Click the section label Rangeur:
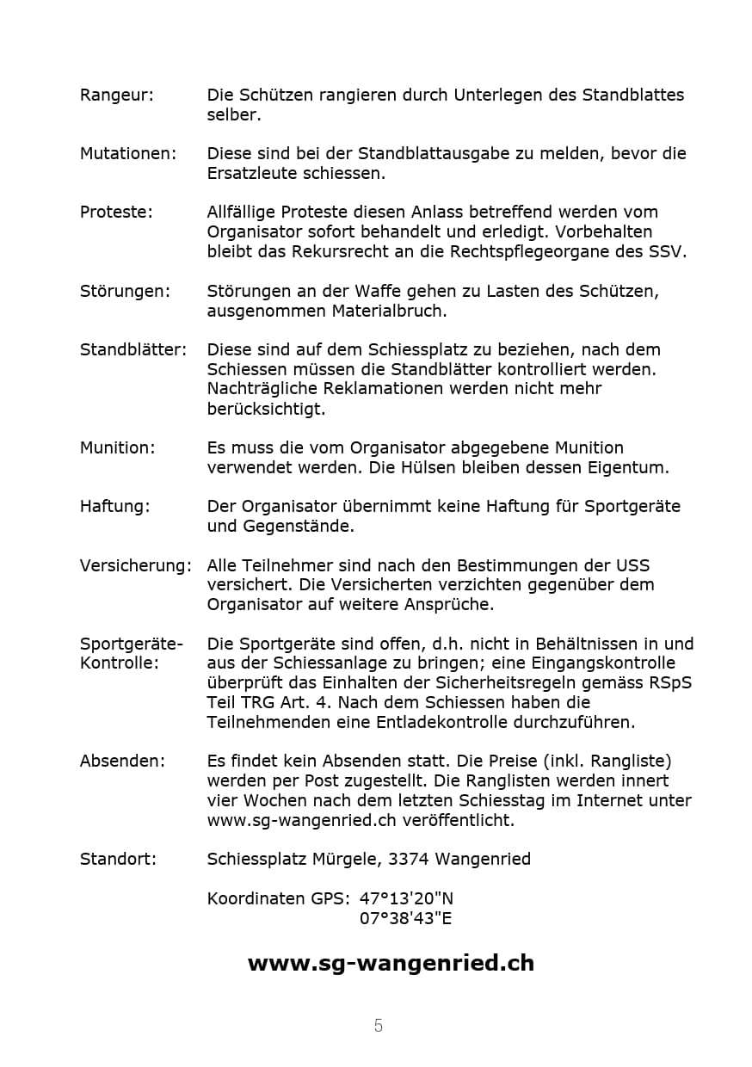tap(116, 95)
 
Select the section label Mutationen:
tap(127, 153)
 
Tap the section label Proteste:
tap(116, 212)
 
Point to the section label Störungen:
tap(125, 291)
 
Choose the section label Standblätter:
tap(133, 349)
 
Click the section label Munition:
tap(117, 447)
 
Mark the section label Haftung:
tap(114, 506)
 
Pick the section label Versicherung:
tap(136, 565)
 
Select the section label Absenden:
tap(122, 761)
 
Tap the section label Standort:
tap(118, 859)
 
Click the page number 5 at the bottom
tap(379, 1026)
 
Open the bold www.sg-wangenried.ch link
tap(391, 963)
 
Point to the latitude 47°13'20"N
tap(406, 898)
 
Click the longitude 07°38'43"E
tap(405, 918)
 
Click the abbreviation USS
tap(632, 565)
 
